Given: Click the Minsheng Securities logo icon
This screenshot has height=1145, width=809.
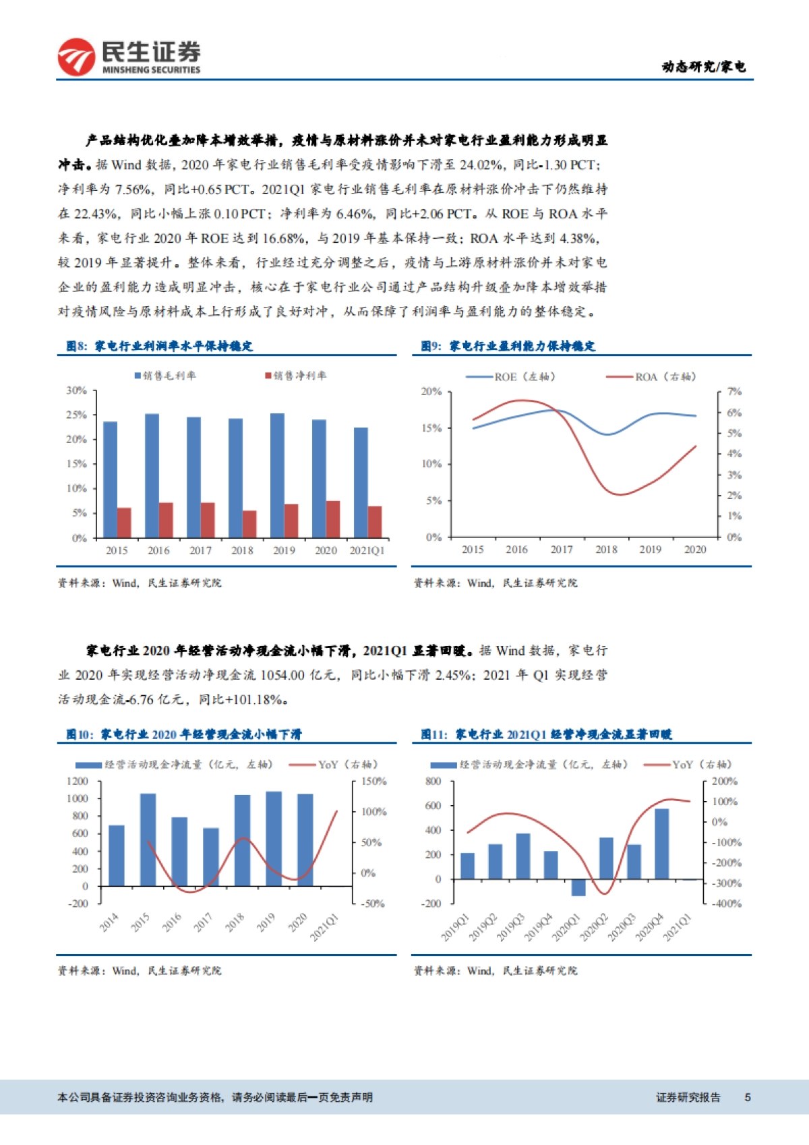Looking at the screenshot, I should (x=76, y=57).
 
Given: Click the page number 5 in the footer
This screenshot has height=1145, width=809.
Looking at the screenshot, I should (x=747, y=1097).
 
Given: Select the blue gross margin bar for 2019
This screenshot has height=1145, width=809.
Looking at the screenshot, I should (x=277, y=475).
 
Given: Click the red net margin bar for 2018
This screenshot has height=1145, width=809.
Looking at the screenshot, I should (x=249, y=523).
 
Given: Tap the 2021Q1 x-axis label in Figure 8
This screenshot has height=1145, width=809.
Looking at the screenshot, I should (x=367, y=550).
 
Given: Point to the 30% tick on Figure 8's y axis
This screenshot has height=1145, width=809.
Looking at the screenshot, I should (x=76, y=390).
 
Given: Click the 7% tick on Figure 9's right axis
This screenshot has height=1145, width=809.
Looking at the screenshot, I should (x=734, y=391).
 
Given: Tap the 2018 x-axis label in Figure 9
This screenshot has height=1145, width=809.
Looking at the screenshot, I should (x=606, y=550).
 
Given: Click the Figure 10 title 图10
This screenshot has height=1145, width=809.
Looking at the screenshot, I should (x=80, y=734).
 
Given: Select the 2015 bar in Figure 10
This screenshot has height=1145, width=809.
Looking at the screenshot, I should (x=148, y=840).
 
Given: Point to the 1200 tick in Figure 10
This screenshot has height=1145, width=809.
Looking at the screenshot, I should (x=77, y=781).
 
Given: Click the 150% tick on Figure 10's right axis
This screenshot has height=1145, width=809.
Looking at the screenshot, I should (x=373, y=781).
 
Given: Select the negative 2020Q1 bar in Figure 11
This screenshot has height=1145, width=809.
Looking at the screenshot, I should (x=578, y=887).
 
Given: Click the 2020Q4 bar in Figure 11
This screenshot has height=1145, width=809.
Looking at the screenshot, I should (x=661, y=843).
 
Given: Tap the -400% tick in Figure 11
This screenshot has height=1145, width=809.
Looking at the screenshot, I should (x=726, y=904).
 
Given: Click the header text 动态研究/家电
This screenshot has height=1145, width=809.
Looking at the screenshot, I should (x=703, y=66).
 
